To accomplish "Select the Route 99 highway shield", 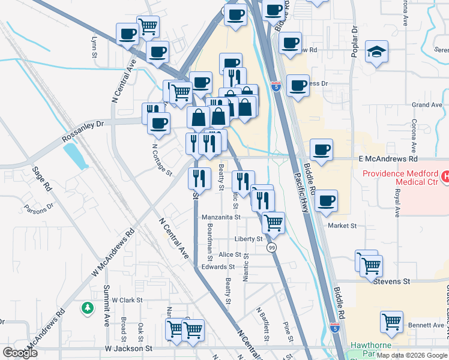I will (272, 247).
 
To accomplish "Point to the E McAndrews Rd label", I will (387, 160).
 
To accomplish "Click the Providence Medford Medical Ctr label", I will (400, 178).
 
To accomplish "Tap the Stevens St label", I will (392, 281).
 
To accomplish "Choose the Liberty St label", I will (249, 239).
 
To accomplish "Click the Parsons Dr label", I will (39, 209).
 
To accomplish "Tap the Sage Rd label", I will (42, 179).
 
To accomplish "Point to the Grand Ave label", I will (427, 105).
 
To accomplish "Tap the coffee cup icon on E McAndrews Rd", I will (321, 150).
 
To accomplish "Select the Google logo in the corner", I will (20, 352).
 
